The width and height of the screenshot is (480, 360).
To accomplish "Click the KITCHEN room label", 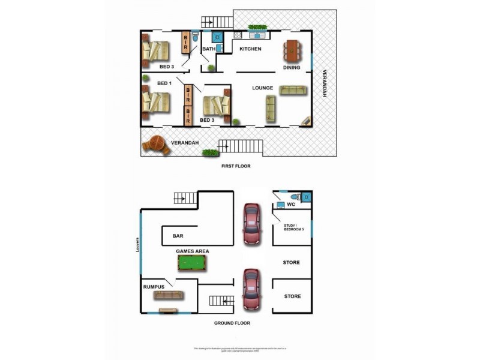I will tap(250, 49).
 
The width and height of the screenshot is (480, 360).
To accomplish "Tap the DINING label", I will tap(292, 68).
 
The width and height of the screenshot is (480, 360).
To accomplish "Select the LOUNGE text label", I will tap(262, 88).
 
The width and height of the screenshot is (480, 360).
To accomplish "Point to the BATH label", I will tap(208, 49).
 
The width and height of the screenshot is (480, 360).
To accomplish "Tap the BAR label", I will tap(177, 236).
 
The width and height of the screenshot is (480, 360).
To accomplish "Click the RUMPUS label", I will tap(154, 287).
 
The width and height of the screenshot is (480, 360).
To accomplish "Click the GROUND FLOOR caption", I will tap(232, 323).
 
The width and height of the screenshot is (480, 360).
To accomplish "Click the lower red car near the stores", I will tap(251, 289).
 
